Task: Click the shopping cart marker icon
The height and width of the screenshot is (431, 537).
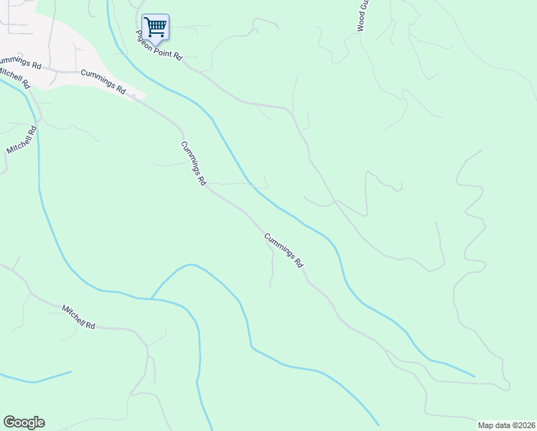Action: click(155, 27)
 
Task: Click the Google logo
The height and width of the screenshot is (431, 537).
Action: click(24, 422)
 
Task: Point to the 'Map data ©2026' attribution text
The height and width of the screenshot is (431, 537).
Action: click(507, 425)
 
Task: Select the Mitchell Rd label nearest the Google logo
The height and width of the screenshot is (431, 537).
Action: click(78, 316)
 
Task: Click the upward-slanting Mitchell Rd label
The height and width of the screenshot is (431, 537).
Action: click(22, 140)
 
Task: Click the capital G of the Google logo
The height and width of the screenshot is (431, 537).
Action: click(9, 422)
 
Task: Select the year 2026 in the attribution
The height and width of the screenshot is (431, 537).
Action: click(526, 425)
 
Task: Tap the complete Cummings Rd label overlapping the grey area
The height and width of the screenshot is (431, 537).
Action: click(103, 82)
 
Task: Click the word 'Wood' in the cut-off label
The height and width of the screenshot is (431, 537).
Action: click(361, 22)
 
